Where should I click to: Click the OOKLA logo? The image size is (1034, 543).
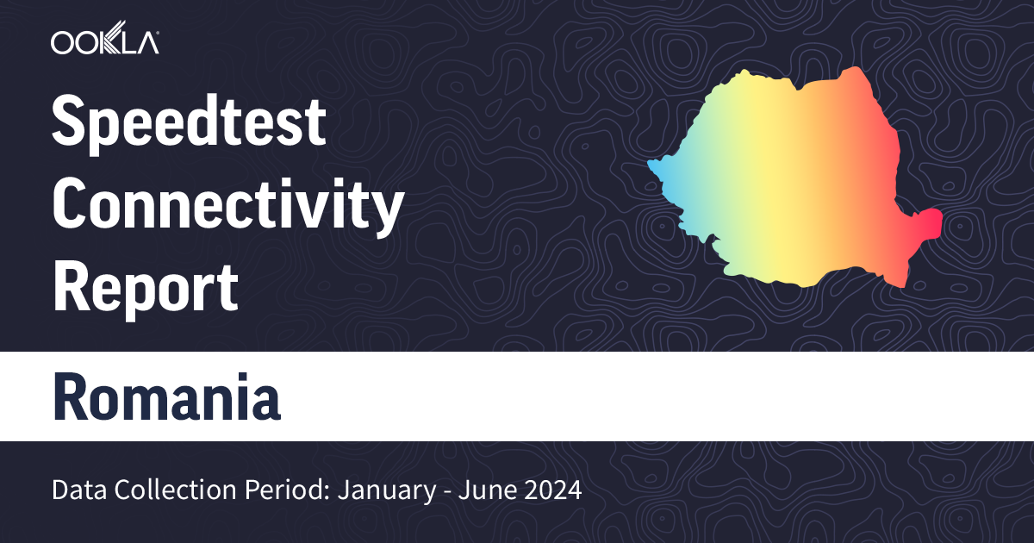pos(104,42)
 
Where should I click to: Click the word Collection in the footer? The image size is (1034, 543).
pos(160,492)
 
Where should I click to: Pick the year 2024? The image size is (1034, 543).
pos(554,492)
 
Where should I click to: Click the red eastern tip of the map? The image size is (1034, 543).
pos(931,222)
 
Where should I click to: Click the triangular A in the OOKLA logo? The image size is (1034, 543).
pos(146,42)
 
